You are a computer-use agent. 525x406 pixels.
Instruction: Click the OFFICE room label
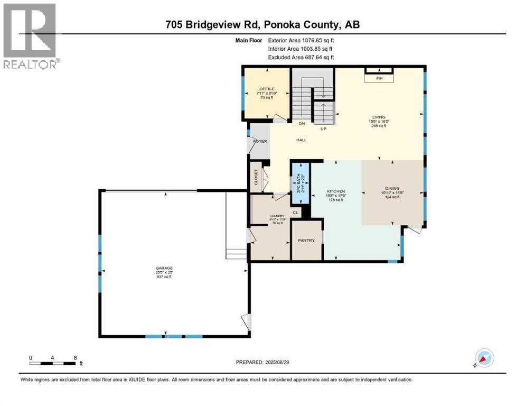pos(267,89)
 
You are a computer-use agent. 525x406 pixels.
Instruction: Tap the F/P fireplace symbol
pos(379,78)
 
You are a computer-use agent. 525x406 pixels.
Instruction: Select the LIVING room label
pos(379,117)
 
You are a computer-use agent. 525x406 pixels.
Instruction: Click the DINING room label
pos(392,188)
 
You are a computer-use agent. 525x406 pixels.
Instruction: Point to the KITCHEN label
pos(336,191)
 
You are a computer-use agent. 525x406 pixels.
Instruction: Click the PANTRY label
pos(306,241)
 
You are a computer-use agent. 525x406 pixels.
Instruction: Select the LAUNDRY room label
pos(277,216)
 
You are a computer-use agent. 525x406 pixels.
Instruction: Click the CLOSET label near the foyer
pos(256,177)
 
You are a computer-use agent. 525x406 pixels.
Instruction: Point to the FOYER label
pos(260,141)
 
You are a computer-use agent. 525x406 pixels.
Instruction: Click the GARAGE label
pos(164,268)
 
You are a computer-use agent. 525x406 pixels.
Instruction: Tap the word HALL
pos(301,140)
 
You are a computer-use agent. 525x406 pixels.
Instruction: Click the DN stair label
pos(302,124)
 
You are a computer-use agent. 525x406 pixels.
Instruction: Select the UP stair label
pos(323,128)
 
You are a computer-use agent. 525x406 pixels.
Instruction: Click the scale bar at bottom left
pos(53,363)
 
